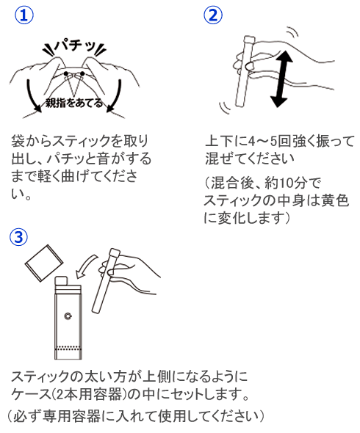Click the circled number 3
click(20, 236)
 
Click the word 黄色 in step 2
click(335, 200)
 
